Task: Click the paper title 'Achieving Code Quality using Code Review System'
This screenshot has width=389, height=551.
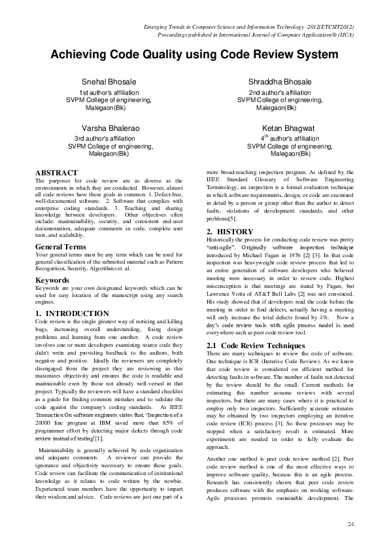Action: pos(194,55)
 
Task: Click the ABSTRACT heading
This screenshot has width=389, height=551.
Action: pos(56,173)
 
